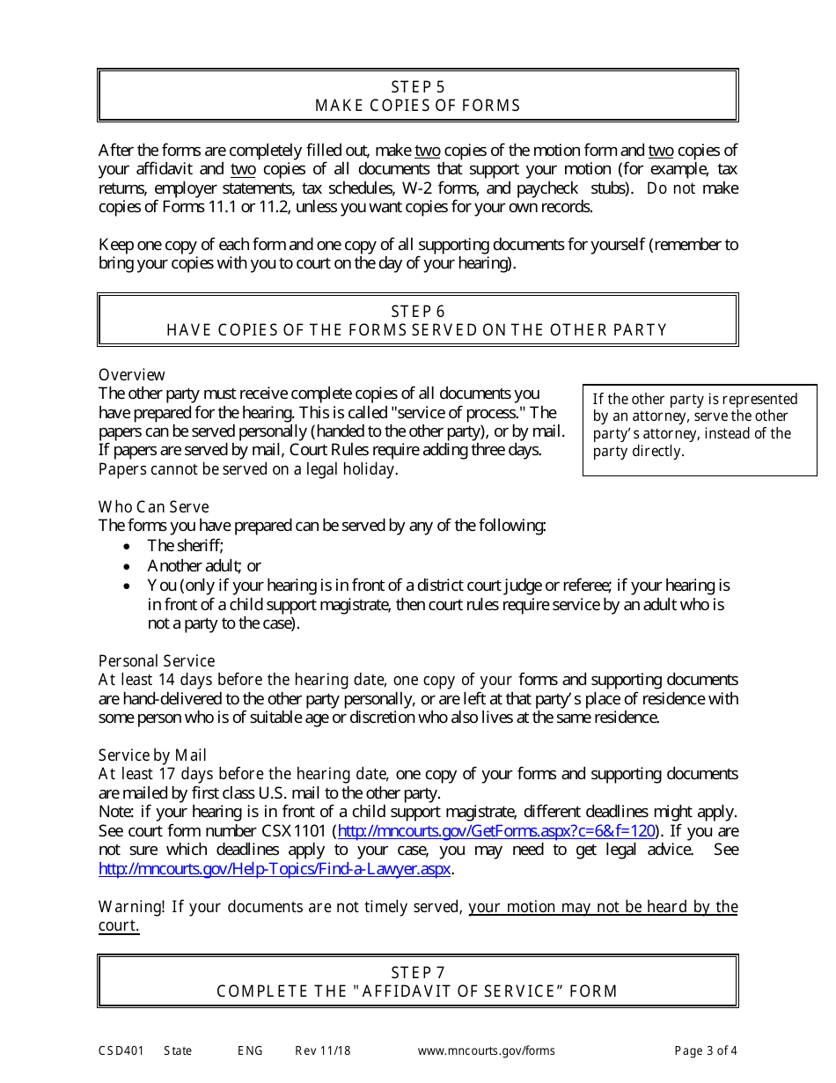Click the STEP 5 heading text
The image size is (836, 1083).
click(x=417, y=86)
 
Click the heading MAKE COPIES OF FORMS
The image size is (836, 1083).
click(x=417, y=106)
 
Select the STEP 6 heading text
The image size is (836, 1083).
click(x=417, y=311)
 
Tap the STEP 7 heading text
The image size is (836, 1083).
click(x=417, y=972)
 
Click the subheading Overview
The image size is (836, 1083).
click(x=131, y=374)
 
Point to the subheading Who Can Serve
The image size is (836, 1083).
click(x=153, y=506)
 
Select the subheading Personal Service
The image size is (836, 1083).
click(x=156, y=660)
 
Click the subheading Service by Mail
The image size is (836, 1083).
click(x=152, y=755)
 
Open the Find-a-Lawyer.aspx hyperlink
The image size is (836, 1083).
click(x=275, y=868)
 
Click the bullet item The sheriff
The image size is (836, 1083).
click(x=185, y=546)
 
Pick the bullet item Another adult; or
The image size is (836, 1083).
click(x=203, y=565)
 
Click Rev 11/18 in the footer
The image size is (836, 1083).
click(x=322, y=1050)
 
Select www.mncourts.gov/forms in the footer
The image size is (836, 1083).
click(x=486, y=1050)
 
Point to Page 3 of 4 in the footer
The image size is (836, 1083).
click(x=705, y=1050)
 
